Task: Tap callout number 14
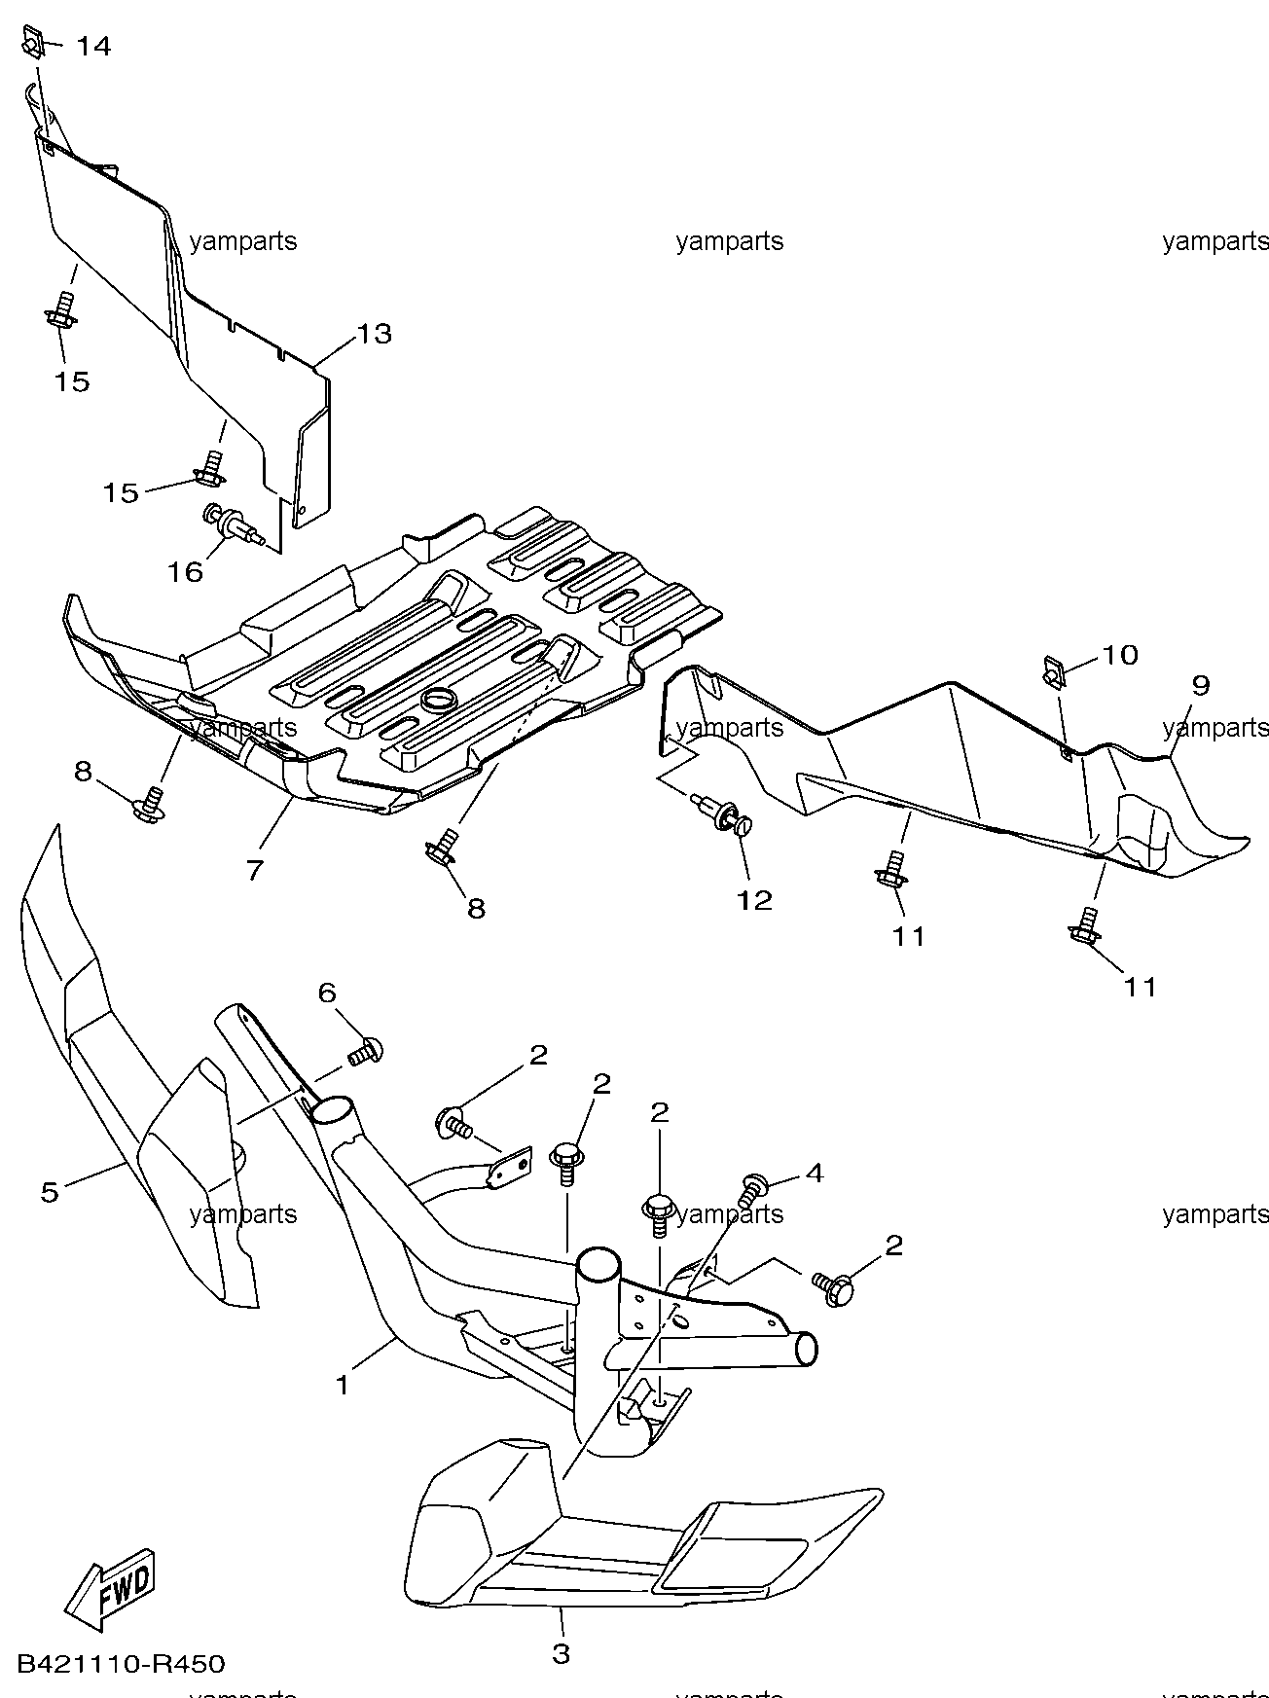pyautogui.click(x=93, y=46)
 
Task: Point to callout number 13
pyautogui.click(x=374, y=334)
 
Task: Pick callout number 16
pyautogui.click(x=185, y=571)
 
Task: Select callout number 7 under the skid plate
pyautogui.click(x=254, y=869)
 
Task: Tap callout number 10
pyautogui.click(x=1120, y=655)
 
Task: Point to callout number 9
pyautogui.click(x=1201, y=685)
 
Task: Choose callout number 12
pyautogui.click(x=754, y=900)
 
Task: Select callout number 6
pyautogui.click(x=327, y=993)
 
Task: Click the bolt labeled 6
pyautogui.click(x=366, y=1053)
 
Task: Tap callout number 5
pyautogui.click(x=50, y=1191)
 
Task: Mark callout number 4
pyautogui.click(x=815, y=1173)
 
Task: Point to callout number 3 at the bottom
pyautogui.click(x=562, y=1653)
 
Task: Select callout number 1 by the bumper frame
pyautogui.click(x=342, y=1384)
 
